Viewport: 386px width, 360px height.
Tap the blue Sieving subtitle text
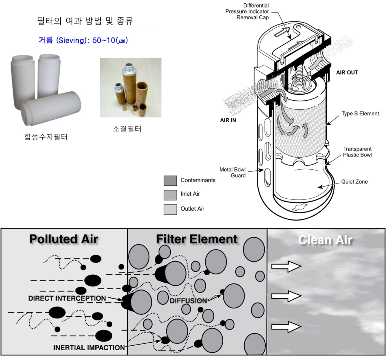click(83, 40)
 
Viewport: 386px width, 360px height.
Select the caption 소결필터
click(127, 129)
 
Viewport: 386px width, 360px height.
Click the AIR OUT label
click(347, 72)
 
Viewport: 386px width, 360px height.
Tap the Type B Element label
click(360, 113)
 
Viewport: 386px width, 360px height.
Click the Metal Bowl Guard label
click(233, 172)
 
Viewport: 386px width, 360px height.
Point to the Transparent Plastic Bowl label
click(357, 152)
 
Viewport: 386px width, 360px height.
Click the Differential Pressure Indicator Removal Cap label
click(247, 12)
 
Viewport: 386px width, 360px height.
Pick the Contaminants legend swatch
click(170, 181)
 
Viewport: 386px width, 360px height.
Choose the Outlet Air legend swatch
click(170, 209)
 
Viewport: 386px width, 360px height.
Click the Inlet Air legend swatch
click(170, 195)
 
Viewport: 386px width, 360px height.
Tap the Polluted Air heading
click(64, 239)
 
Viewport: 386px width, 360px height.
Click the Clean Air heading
click(325, 240)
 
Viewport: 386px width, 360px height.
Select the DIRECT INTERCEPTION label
click(67, 299)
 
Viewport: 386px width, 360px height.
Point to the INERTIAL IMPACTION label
click(89, 348)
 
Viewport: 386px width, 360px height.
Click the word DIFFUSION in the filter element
click(188, 301)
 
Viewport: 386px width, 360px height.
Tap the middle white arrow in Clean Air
click(286, 296)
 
